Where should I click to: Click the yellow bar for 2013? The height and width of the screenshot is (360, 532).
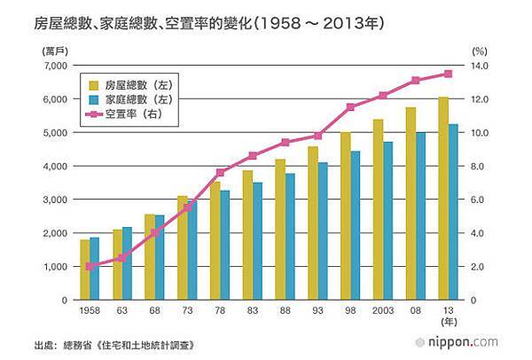tap(443, 199)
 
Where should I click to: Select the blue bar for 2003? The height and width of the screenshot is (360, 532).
tap(387, 221)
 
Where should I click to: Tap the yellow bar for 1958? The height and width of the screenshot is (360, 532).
tap(84, 270)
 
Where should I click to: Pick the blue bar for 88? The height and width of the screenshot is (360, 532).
tap(290, 237)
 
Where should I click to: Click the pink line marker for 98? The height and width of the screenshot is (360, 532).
tap(350, 107)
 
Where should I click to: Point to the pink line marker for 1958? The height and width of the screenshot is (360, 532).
tap(90, 266)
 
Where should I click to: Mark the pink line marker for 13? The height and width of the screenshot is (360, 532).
tap(448, 74)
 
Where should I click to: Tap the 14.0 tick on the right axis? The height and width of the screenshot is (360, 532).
tap(481, 67)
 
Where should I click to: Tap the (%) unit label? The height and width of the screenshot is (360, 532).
tap(480, 52)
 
